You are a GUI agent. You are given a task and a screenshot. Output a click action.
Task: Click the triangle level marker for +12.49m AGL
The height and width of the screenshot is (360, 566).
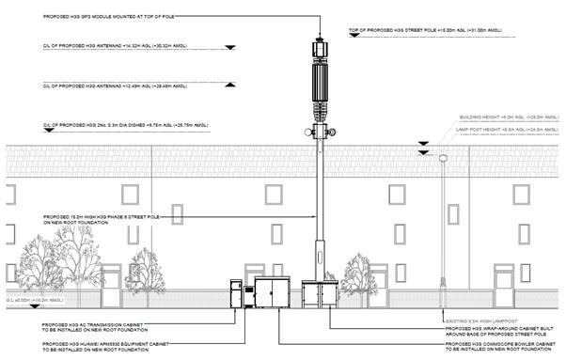pos(229,86)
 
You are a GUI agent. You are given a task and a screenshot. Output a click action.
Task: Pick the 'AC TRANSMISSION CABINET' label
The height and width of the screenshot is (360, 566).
pos(104,325)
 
